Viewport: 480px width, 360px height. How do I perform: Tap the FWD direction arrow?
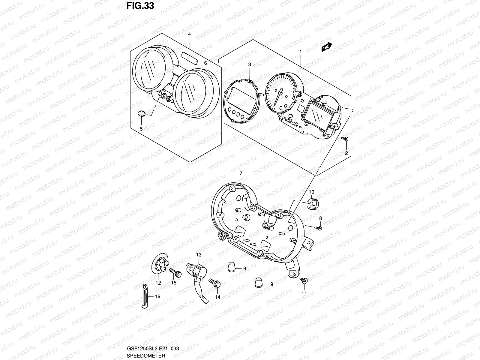(326, 46)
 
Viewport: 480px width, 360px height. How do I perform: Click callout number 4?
(189, 34)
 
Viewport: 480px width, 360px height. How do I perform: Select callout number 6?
(205, 63)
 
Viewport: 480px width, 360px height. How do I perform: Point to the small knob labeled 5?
(141, 114)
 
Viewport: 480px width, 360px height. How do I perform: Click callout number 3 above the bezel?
(249, 64)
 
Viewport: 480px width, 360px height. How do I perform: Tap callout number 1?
(300, 52)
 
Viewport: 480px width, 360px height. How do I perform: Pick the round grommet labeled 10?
(312, 204)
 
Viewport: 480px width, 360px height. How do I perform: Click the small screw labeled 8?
(319, 228)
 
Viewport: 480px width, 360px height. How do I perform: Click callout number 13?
(199, 255)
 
